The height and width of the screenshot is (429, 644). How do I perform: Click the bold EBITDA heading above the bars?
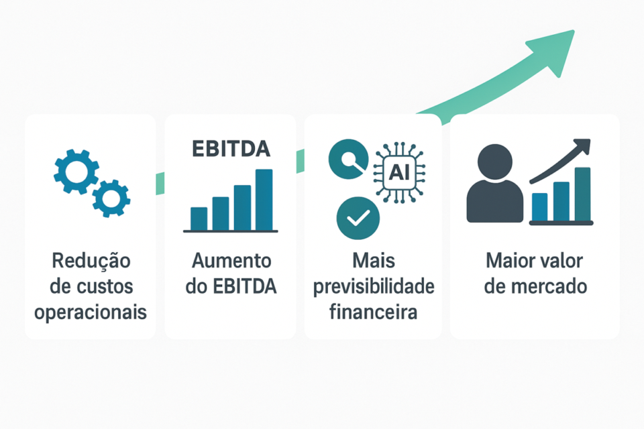click(x=230, y=148)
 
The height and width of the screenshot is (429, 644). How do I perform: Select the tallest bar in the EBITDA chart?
click(x=264, y=199)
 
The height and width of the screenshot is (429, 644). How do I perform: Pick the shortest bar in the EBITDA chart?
click(x=199, y=218)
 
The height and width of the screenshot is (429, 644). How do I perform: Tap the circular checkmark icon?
click(x=358, y=218)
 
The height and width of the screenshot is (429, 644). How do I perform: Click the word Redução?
click(x=91, y=261)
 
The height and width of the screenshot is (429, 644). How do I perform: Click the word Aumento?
click(x=231, y=261)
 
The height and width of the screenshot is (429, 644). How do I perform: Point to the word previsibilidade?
click(x=373, y=287)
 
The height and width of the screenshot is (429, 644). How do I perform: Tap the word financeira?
click(x=373, y=312)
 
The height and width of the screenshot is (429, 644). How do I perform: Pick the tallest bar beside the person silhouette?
click(x=582, y=194)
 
